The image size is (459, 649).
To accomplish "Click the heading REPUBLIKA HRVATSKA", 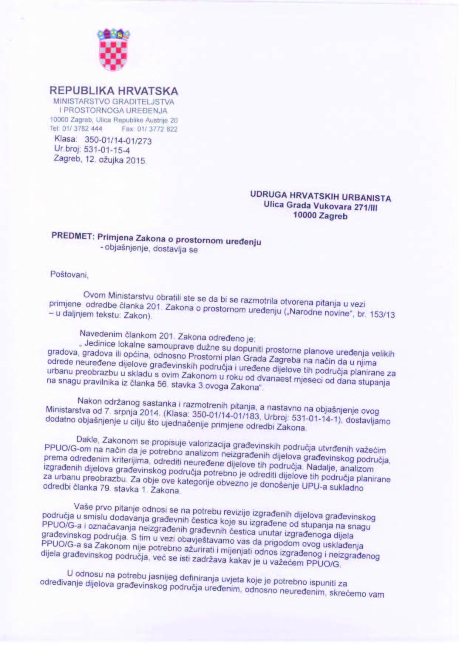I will coord(114,91).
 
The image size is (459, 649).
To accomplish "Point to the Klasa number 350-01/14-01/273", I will coord(118,141).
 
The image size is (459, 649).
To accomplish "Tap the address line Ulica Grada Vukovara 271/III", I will coord(321,206).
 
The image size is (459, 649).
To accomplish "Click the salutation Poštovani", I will coord(69,275).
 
